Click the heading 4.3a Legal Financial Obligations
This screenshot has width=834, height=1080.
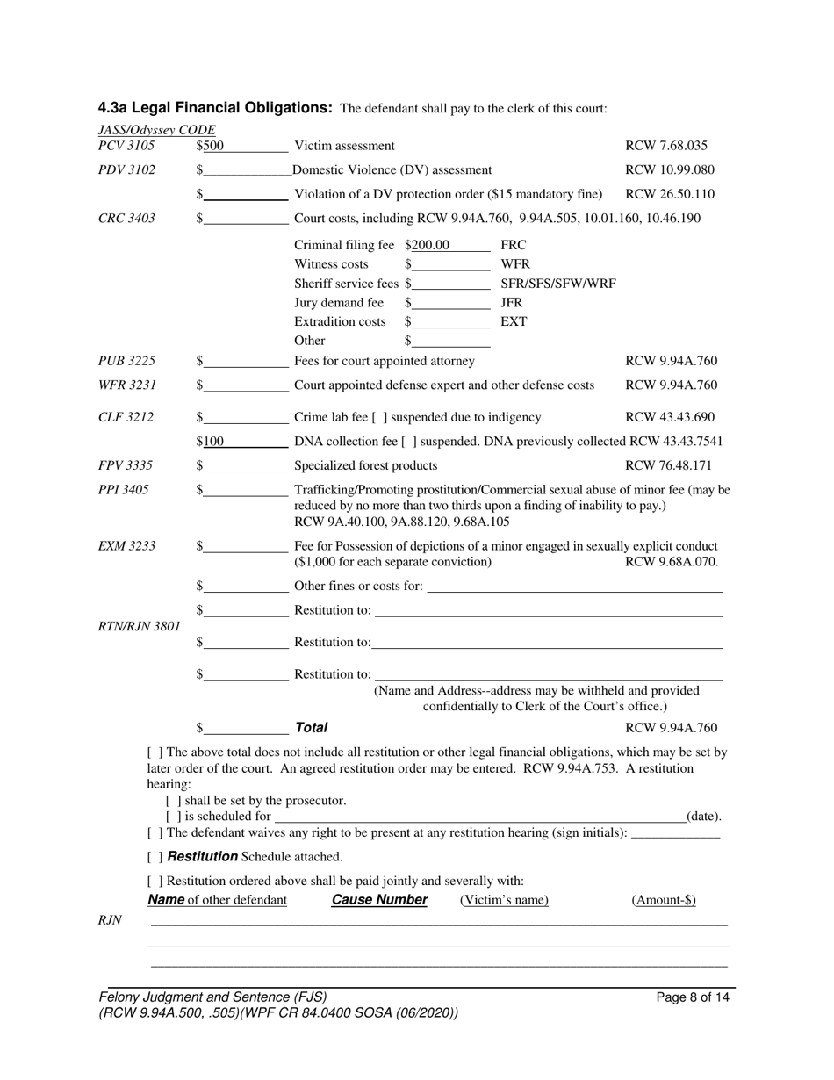[x=215, y=108]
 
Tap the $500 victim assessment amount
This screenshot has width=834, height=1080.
[x=212, y=146]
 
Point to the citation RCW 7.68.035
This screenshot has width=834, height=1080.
[x=665, y=146]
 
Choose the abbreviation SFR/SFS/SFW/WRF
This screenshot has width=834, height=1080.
[x=557, y=284]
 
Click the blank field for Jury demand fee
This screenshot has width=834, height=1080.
[x=450, y=303]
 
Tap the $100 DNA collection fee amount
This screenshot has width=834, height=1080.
[x=212, y=441]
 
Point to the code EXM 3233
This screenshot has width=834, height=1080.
[x=126, y=546]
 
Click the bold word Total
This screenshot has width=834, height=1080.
[x=311, y=728]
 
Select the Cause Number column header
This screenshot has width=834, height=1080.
[x=378, y=900]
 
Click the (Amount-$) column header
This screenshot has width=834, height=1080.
[x=664, y=900]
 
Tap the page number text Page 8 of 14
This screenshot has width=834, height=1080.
[x=693, y=997]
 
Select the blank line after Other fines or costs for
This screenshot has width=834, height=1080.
[x=574, y=587]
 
